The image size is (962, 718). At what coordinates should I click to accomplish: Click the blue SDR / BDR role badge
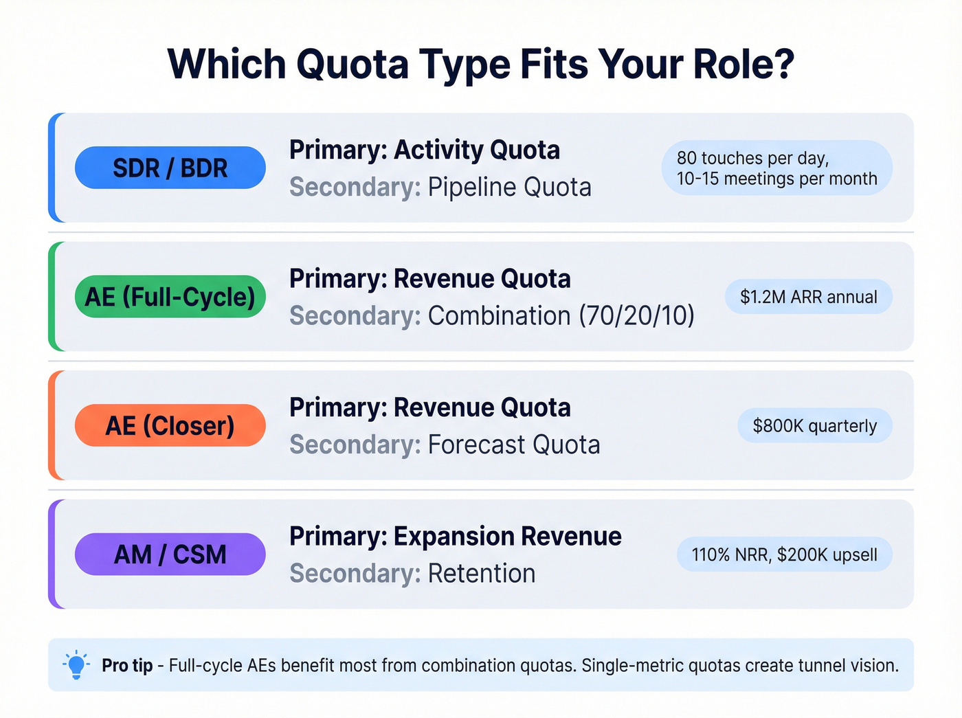(x=170, y=168)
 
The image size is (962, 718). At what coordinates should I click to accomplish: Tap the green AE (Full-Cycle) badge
(x=170, y=297)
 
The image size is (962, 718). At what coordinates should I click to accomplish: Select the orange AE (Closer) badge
(x=170, y=425)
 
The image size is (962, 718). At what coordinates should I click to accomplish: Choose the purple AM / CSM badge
(x=170, y=554)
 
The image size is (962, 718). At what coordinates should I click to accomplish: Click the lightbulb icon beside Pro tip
(x=76, y=664)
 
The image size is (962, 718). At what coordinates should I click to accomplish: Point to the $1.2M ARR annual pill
(x=808, y=297)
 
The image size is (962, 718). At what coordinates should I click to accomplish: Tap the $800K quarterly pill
(x=814, y=426)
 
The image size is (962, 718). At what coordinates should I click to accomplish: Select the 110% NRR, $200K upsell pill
(x=784, y=554)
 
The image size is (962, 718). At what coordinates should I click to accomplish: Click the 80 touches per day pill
(x=776, y=168)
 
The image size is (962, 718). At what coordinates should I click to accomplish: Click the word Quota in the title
(x=353, y=65)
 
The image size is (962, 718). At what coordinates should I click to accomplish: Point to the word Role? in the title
(x=743, y=65)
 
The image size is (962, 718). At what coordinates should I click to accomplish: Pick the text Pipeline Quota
(x=509, y=187)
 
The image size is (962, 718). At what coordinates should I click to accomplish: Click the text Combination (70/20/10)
(x=561, y=316)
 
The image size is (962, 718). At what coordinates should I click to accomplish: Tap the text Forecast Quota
(x=514, y=445)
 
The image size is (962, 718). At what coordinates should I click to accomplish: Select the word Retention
(x=481, y=573)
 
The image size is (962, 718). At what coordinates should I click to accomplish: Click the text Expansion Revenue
(x=507, y=536)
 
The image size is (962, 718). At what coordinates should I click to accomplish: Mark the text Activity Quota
(x=476, y=150)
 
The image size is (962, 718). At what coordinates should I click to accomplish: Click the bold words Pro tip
(x=127, y=665)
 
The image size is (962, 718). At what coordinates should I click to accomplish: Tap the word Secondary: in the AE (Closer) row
(x=355, y=445)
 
